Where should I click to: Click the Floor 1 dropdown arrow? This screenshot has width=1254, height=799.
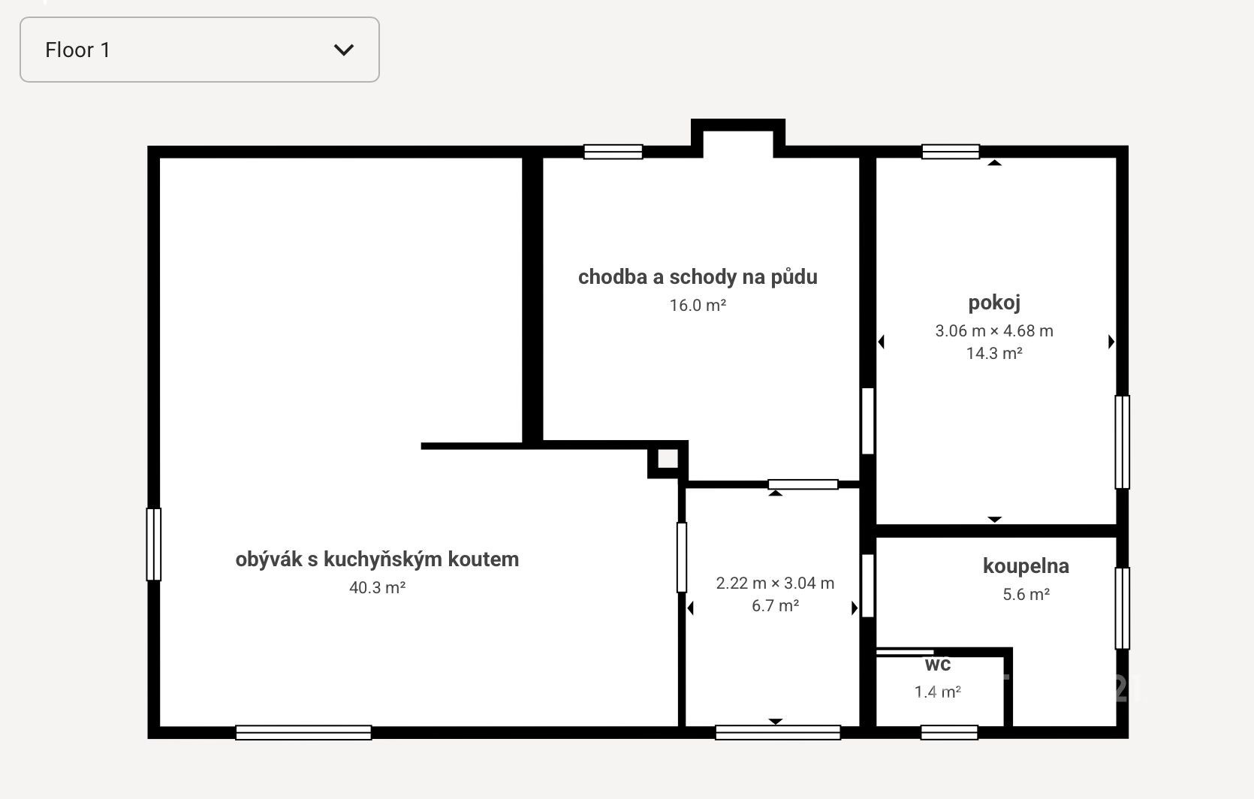(x=343, y=50)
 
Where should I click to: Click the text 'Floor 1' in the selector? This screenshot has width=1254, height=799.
(x=77, y=50)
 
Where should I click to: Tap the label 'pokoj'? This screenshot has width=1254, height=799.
(x=994, y=303)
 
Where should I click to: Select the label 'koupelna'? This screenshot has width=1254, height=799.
(x=1026, y=566)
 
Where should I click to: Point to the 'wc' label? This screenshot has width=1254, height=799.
(x=938, y=665)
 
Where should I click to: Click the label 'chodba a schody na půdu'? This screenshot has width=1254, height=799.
(x=698, y=277)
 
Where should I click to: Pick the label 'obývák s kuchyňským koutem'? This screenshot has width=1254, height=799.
(x=377, y=559)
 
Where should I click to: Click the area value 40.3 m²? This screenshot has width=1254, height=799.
(x=377, y=587)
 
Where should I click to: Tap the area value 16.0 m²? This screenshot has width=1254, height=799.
(x=698, y=305)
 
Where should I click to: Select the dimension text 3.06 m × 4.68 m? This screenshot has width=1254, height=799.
(x=994, y=331)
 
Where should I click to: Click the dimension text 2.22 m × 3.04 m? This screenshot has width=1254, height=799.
(x=775, y=583)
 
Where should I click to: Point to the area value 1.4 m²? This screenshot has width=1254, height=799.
(x=938, y=692)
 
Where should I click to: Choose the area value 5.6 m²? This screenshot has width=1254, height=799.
(x=1026, y=594)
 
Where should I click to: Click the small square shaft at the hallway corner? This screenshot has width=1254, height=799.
(x=668, y=459)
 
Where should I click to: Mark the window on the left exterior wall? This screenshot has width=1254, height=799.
(x=153, y=544)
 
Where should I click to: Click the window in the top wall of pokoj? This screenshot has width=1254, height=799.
(x=951, y=152)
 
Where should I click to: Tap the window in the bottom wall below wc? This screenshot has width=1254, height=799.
(x=949, y=732)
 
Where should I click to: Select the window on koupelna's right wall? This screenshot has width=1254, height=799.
(x=1122, y=608)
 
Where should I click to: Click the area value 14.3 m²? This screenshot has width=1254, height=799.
(x=994, y=353)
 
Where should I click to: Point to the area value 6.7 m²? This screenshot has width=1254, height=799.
(x=775, y=606)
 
